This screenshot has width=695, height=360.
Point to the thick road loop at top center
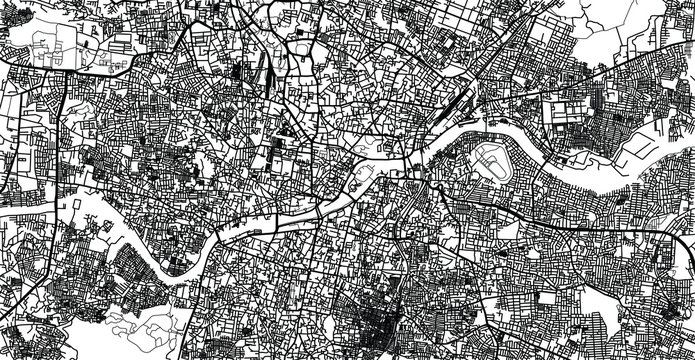300,45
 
